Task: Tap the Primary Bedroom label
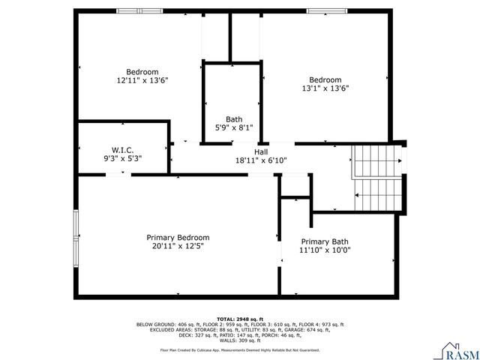[178, 237]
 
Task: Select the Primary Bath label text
[325, 241]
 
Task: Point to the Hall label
[261, 151]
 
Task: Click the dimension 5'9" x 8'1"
[234, 127]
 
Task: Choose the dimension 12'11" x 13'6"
[142, 79]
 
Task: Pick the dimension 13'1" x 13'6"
[325, 88]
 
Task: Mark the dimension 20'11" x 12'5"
[178, 245]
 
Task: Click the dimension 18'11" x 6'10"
[261, 160]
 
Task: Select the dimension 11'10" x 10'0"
[325, 250]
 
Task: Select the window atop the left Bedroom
[139, 10]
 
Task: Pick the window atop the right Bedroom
[327, 10]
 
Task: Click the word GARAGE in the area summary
[309, 329]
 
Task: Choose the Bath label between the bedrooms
[234, 118]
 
